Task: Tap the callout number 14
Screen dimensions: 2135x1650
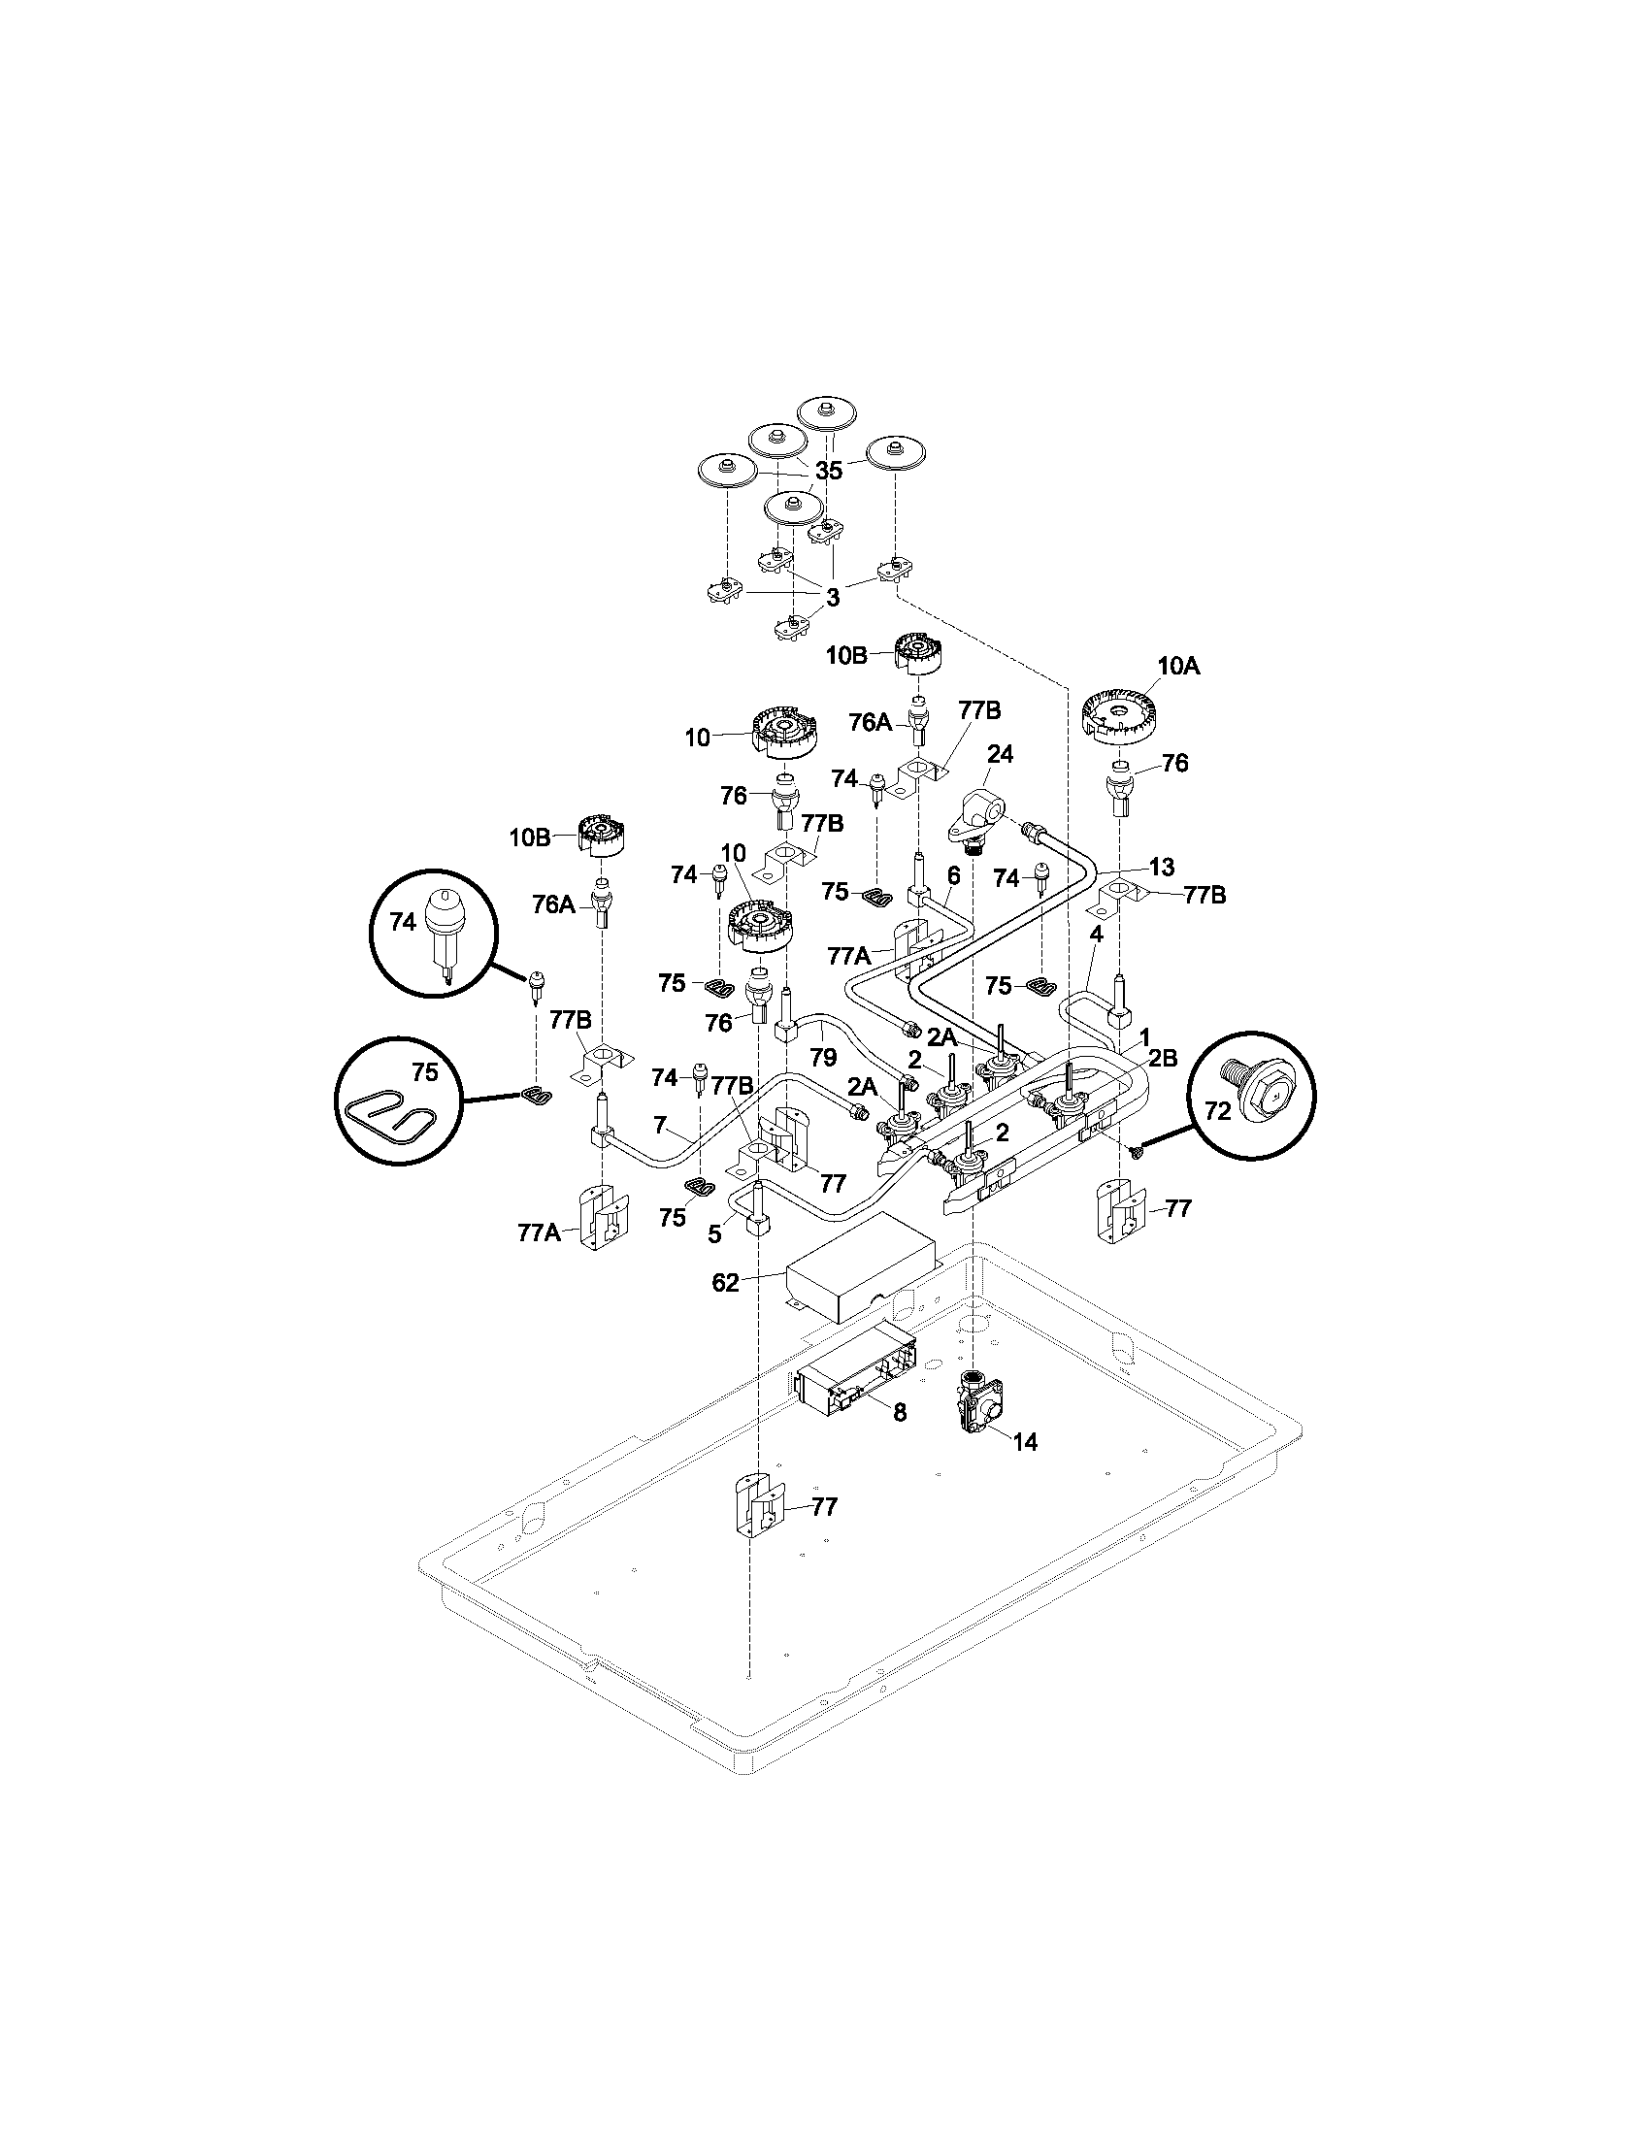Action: (1023, 1442)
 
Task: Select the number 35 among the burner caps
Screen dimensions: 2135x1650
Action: (828, 471)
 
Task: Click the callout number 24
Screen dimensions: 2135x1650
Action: (1000, 754)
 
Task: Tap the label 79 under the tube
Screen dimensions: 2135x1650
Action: (823, 1057)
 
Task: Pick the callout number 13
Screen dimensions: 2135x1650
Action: (1161, 866)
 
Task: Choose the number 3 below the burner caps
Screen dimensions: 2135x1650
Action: (832, 597)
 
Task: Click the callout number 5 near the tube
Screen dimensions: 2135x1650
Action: (714, 1234)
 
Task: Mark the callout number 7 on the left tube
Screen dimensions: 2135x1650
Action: (660, 1126)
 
